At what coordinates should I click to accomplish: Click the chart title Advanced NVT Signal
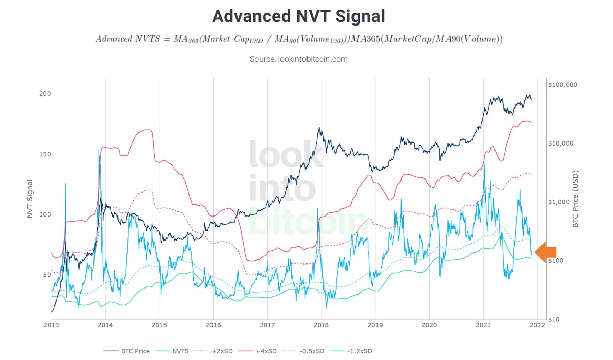point(298,16)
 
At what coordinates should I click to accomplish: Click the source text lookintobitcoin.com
point(298,59)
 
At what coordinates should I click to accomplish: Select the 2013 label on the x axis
point(52,325)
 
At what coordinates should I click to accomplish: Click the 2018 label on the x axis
point(321,325)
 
